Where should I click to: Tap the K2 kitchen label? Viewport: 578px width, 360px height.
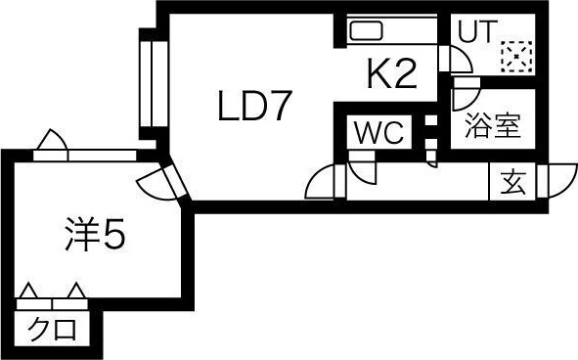[392, 73]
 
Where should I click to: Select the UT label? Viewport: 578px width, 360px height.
[476, 31]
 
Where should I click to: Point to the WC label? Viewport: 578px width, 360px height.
[378, 132]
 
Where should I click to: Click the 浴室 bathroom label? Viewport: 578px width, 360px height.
[493, 125]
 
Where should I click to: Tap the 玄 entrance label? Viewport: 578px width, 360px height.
[512, 183]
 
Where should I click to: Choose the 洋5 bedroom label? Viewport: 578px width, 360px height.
[96, 234]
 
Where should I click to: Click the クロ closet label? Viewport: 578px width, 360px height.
[53, 330]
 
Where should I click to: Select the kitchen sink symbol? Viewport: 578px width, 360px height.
[367, 30]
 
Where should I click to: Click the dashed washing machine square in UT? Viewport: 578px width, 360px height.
[516, 56]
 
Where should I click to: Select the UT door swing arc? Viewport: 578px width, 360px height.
[460, 59]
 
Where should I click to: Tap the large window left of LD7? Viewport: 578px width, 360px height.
[154, 83]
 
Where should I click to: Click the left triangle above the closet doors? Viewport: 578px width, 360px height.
[28, 291]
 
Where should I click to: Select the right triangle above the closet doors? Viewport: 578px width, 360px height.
[76, 291]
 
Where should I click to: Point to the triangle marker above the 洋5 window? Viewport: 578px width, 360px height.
[53, 140]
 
